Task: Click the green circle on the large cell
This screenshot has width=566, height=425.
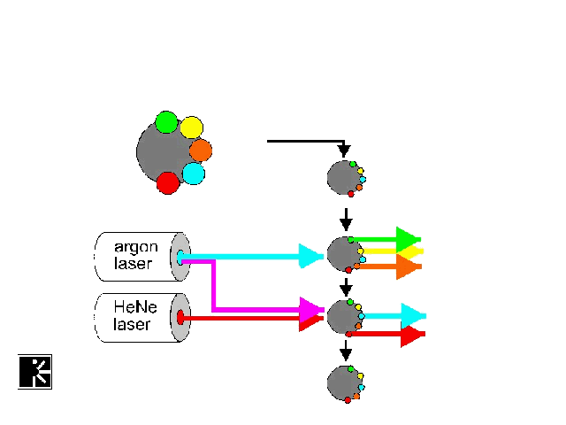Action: [166, 121]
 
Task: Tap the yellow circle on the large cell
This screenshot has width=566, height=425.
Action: [192, 127]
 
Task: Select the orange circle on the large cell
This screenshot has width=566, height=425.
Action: [201, 150]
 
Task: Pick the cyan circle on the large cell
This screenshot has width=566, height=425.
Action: [194, 173]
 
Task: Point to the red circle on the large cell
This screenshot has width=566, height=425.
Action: [167, 183]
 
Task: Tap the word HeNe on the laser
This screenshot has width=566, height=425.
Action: [133, 307]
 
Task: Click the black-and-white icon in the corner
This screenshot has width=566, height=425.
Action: [35, 371]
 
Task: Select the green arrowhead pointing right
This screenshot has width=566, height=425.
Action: [407, 239]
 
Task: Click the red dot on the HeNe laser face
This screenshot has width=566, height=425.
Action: [180, 317]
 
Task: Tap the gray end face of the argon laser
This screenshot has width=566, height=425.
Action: [180, 257]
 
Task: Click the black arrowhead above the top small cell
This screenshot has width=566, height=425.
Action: [344, 151]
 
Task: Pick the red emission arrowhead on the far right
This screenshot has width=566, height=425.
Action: [411, 335]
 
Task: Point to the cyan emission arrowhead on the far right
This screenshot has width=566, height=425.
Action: [412, 315]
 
